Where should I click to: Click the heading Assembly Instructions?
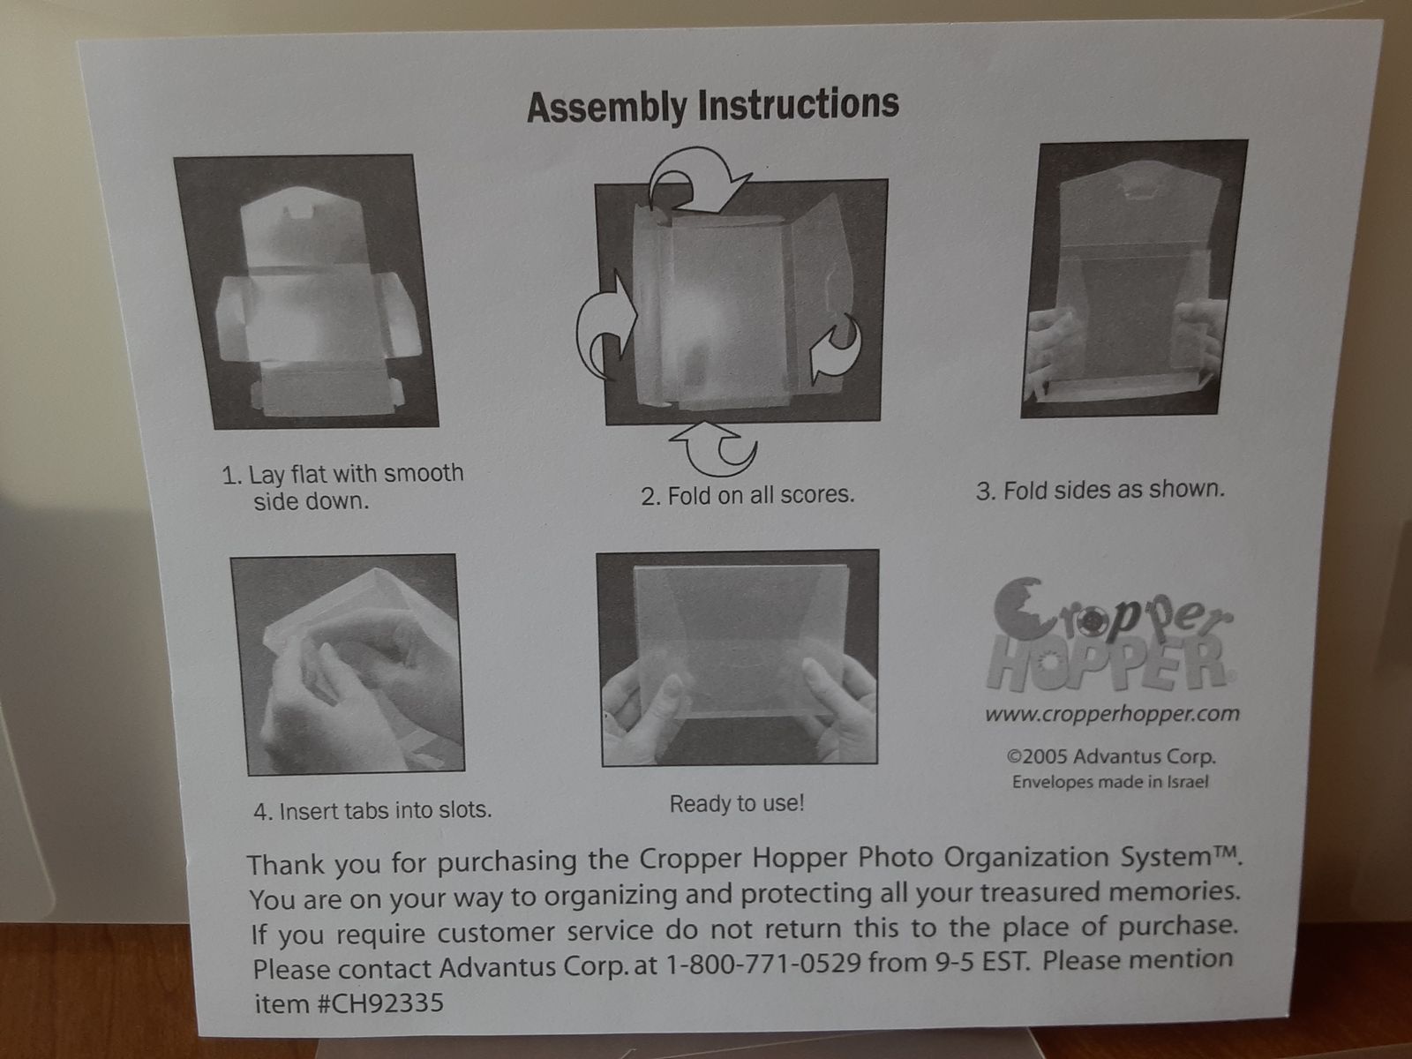(x=713, y=106)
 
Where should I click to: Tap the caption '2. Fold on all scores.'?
(x=747, y=495)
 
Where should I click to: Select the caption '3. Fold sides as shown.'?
(x=1100, y=490)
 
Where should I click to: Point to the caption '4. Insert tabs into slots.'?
(x=372, y=811)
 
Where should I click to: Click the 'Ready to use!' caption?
(x=737, y=804)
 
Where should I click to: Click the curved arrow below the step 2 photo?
(x=714, y=447)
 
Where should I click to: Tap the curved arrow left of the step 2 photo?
(x=605, y=325)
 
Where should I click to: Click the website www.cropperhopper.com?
(x=1112, y=714)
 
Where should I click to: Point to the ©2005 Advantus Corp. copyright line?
(x=1111, y=756)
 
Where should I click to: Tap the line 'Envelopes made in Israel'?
(x=1110, y=782)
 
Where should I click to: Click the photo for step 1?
(x=306, y=291)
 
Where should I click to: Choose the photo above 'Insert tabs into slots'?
(x=348, y=665)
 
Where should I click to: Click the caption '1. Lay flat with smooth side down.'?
(x=342, y=487)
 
